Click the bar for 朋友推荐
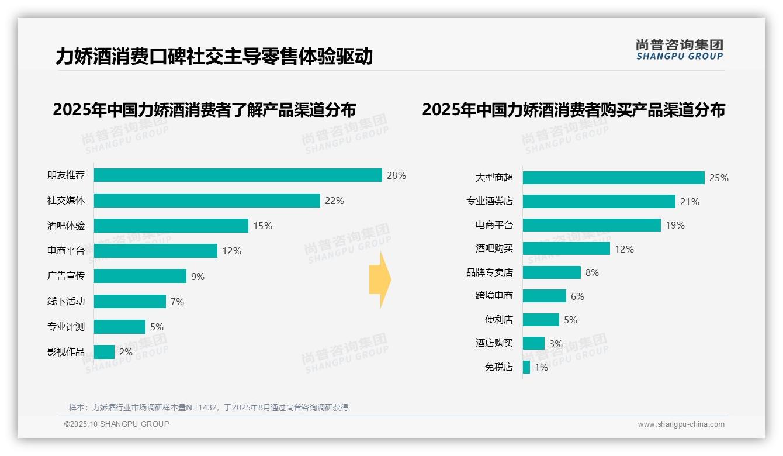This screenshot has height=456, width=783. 238,175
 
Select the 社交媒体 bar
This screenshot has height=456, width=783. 207,201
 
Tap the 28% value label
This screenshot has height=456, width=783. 396,175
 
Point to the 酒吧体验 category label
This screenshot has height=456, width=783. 66,226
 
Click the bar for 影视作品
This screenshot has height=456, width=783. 104,352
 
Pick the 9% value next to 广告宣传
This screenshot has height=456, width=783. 198,277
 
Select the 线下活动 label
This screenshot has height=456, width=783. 66,301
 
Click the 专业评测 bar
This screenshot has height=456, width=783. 120,327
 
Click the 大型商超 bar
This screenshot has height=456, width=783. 614,178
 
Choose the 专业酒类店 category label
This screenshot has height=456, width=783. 490,201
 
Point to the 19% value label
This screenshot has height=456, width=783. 675,225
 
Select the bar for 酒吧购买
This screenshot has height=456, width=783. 566,248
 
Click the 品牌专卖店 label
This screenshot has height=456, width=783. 490,272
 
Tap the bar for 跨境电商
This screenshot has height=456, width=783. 545,296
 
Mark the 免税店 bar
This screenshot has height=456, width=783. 526,367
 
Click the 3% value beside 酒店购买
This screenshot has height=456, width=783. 556,344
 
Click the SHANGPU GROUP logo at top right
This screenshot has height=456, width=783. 680,50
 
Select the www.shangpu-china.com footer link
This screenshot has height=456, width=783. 681,424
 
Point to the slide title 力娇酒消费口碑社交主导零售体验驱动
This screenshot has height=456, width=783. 214,57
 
